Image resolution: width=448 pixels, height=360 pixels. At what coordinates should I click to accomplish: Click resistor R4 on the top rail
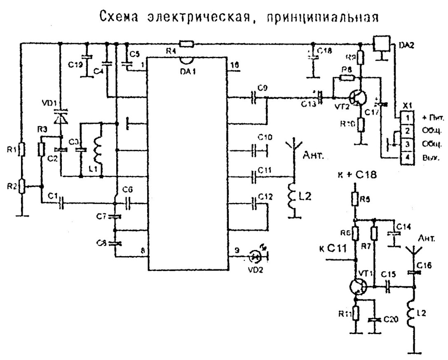point(186,43)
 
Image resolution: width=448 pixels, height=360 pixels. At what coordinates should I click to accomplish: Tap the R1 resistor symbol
point(22,149)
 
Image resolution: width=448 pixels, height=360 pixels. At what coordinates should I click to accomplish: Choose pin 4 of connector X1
point(407,157)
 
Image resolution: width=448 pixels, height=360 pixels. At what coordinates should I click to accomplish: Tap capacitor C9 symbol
point(256,98)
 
